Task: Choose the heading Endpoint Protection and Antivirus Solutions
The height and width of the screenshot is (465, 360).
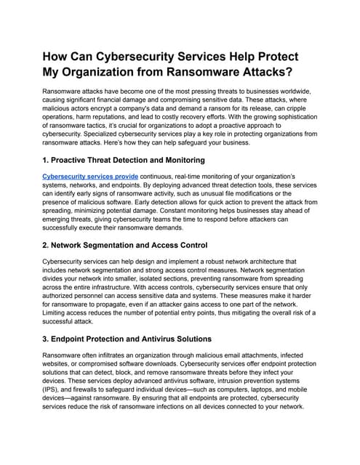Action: [x=138, y=339]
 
